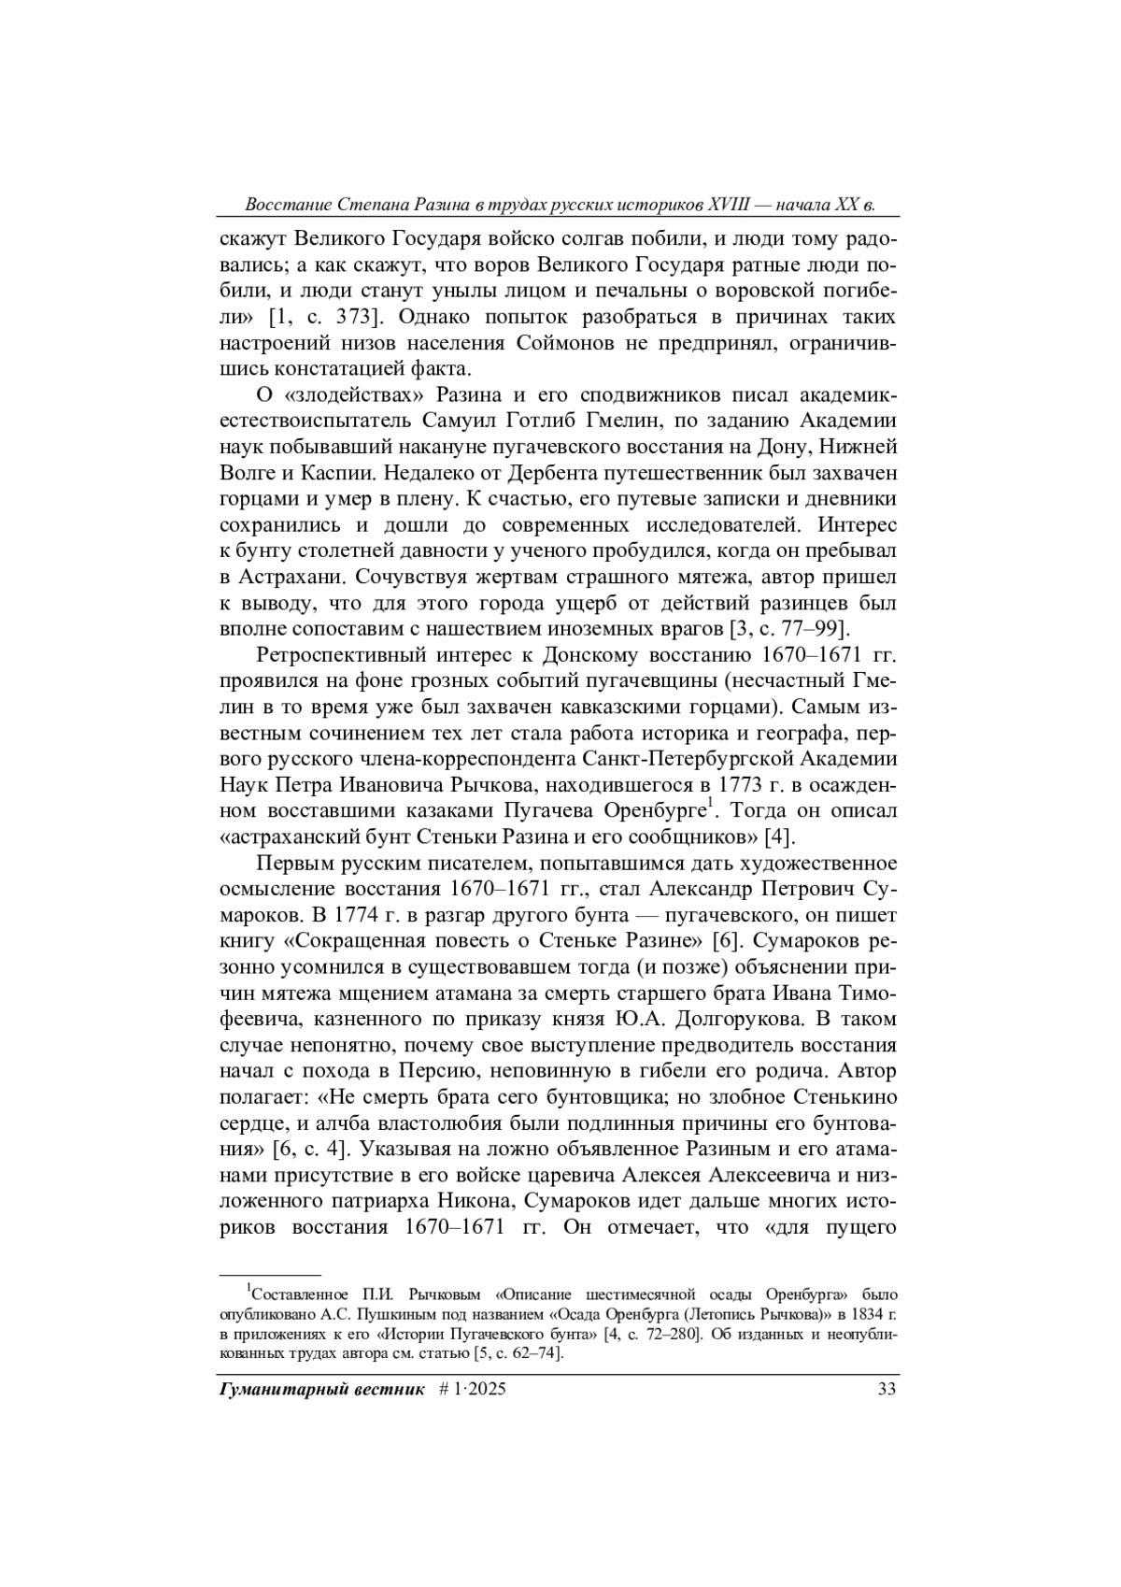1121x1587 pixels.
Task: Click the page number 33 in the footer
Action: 887,1389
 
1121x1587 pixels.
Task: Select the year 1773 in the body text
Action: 748,781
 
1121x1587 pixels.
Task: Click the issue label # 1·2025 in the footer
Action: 472,1389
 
